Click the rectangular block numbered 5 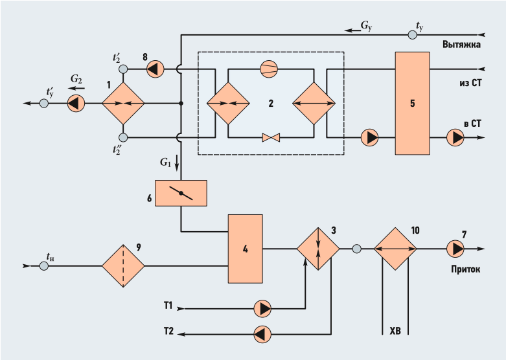coord(413,103)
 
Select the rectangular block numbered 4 coord(246,249)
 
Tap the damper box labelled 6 coord(181,193)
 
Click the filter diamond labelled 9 coord(123,266)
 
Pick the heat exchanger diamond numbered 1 coord(123,103)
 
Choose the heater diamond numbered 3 coord(318,249)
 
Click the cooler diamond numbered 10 coord(395,249)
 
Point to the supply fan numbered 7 coord(455,249)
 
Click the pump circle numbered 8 coord(155,69)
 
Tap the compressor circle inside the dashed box coord(269,69)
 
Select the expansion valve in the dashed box coord(271,138)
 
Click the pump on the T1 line coord(262,309)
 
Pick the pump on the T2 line coord(262,334)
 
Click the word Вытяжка coord(461,44)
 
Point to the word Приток coord(466,269)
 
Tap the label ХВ coord(395,331)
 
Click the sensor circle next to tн coord(44,266)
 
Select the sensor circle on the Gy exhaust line coord(413,34)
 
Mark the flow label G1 coord(165,163)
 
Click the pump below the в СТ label coord(455,138)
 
